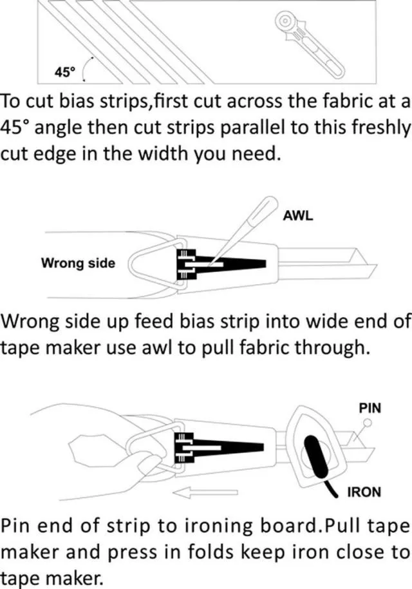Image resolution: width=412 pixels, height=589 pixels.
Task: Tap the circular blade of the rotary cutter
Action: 286,21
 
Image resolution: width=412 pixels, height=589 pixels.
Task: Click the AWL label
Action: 298,216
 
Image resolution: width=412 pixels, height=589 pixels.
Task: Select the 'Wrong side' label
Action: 78,263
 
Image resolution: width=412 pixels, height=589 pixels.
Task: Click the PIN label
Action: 370,408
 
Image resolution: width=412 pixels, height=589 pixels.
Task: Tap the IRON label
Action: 364,492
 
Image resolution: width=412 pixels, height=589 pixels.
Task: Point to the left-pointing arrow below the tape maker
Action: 206,492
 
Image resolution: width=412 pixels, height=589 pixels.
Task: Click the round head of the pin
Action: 368,423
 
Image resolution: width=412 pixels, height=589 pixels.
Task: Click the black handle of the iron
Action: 317,459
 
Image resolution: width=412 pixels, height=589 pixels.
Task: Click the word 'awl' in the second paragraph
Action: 157,348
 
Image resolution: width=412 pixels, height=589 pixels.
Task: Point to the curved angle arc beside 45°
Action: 87,69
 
